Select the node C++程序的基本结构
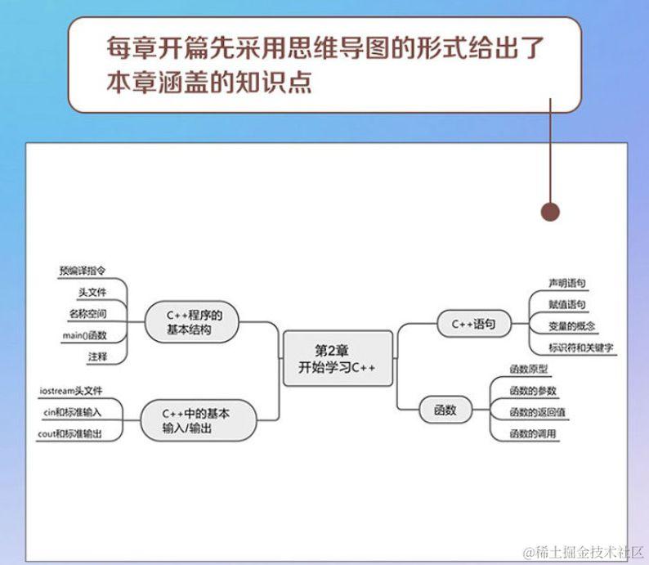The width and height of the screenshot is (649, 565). (x=191, y=322)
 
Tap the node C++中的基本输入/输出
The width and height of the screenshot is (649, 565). (x=196, y=420)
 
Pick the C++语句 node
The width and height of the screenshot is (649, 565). (x=475, y=323)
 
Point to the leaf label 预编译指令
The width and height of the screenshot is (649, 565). (x=82, y=270)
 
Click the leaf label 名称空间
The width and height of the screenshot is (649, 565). (x=87, y=313)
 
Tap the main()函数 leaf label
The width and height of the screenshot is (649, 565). (x=84, y=335)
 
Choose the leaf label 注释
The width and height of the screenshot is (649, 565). (x=97, y=356)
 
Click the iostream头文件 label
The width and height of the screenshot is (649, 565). (x=71, y=390)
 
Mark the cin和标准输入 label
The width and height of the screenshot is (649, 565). (x=71, y=412)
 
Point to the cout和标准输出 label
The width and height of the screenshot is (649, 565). (x=70, y=433)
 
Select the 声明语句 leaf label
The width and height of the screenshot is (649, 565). (x=566, y=283)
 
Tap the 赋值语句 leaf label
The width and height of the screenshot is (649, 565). (x=566, y=304)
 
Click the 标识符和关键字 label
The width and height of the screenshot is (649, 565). (x=581, y=348)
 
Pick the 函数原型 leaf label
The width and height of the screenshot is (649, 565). (x=528, y=369)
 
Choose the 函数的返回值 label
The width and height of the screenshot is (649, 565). (x=538, y=412)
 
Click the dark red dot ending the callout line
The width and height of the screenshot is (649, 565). (x=551, y=212)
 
